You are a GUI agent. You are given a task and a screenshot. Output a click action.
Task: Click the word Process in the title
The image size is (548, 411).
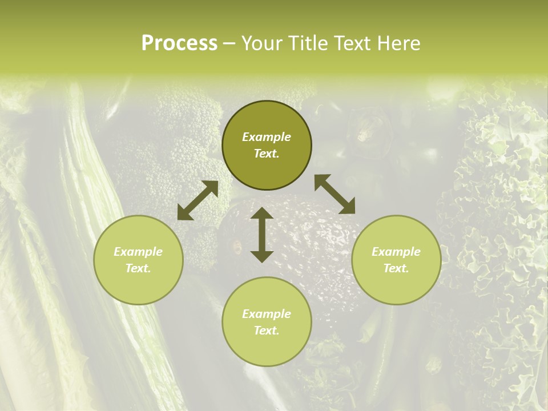[179, 43]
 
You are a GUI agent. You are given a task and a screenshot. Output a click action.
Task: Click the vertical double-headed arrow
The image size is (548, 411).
[262, 235]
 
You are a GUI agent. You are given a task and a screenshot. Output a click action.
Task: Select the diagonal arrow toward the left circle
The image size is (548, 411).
[198, 200]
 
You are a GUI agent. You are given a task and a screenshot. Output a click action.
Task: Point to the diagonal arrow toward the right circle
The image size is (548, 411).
[335, 194]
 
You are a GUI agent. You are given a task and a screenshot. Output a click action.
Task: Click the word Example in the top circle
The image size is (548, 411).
[267, 137]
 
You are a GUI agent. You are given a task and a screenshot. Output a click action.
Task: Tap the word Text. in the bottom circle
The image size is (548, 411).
[267, 331]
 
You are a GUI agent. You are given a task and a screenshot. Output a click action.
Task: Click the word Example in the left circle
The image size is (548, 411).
[138, 252]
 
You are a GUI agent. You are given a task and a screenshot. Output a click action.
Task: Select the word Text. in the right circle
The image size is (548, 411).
[396, 268]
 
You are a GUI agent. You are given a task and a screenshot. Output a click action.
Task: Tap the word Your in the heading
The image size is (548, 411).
[262, 43]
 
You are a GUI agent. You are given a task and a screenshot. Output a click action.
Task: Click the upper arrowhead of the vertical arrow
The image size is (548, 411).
[262, 213]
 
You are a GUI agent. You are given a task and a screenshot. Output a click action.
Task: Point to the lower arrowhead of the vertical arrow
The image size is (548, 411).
[262, 256]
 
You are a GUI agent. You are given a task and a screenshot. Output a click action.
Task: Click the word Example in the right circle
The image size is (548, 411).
[396, 252]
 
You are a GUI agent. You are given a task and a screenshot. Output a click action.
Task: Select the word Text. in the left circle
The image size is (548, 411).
[138, 268]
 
